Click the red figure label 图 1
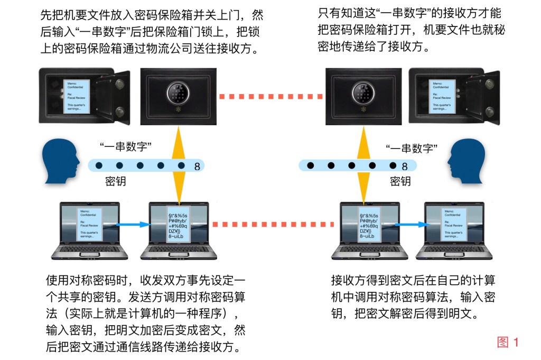pyautogui.click(x=508, y=342)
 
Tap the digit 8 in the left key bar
pyautogui.click(x=197, y=167)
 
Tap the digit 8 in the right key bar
pyautogui.click(x=405, y=167)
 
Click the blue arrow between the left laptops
pyautogui.click(x=132, y=225)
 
